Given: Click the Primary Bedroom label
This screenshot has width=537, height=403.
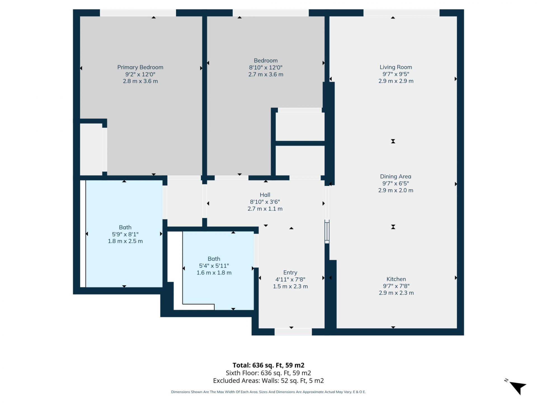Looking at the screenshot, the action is click(140, 67).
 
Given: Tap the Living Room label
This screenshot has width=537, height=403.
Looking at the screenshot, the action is click(396, 67).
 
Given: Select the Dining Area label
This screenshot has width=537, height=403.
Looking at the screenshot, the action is click(395, 176).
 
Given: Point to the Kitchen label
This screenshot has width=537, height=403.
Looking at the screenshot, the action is click(396, 279).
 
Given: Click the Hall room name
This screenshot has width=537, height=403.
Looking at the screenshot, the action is click(265, 195).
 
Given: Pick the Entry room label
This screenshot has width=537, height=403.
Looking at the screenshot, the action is click(290, 273).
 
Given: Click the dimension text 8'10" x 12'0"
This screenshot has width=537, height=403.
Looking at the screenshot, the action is click(266, 67).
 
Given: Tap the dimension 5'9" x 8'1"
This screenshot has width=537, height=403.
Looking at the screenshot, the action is click(125, 234).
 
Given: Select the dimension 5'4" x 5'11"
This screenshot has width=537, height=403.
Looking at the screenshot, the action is click(214, 266).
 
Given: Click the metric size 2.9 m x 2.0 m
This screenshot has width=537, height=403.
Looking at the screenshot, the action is click(395, 190).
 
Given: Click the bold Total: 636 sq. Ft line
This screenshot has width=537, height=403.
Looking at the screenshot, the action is click(268, 365).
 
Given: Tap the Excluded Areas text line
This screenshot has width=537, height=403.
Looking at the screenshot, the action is click(268, 381).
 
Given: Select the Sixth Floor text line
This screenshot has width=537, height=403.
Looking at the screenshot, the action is click(268, 373).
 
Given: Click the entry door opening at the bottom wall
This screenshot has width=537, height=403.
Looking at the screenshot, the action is click(293, 332).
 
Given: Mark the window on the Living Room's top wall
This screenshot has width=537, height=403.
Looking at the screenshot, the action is click(401, 13).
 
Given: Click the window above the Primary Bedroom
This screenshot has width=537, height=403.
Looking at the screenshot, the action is click(138, 13).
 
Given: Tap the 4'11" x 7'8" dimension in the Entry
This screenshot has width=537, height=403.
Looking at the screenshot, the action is click(290, 279).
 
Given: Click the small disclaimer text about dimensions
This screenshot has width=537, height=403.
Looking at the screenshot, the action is click(268, 392).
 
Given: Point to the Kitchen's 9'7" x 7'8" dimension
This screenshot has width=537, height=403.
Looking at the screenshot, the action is click(396, 286).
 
